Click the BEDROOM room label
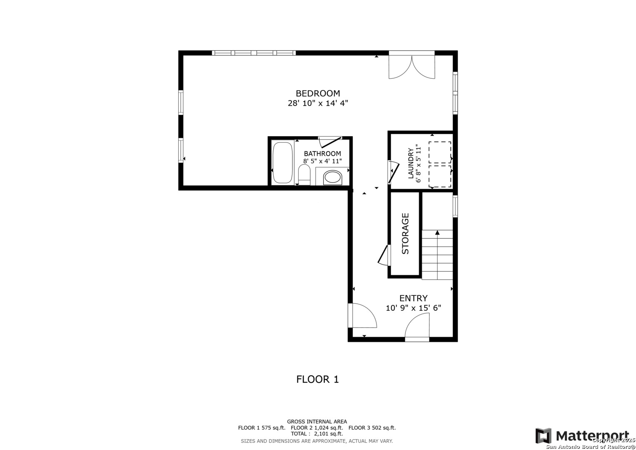(x=318, y=93)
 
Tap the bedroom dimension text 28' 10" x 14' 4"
(x=318, y=103)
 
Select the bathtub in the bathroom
(x=282, y=162)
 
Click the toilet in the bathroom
(x=304, y=175)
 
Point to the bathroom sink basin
(x=332, y=177)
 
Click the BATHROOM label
(x=322, y=154)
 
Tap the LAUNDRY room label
(x=411, y=163)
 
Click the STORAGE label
(x=405, y=233)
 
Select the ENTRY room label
(x=413, y=298)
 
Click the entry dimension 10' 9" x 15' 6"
(x=413, y=308)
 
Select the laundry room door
(x=393, y=172)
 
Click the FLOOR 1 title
(x=317, y=379)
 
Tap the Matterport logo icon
(x=543, y=436)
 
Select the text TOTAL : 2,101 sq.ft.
(x=317, y=434)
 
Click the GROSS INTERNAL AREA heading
(x=317, y=422)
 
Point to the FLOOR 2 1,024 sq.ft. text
(x=317, y=428)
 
